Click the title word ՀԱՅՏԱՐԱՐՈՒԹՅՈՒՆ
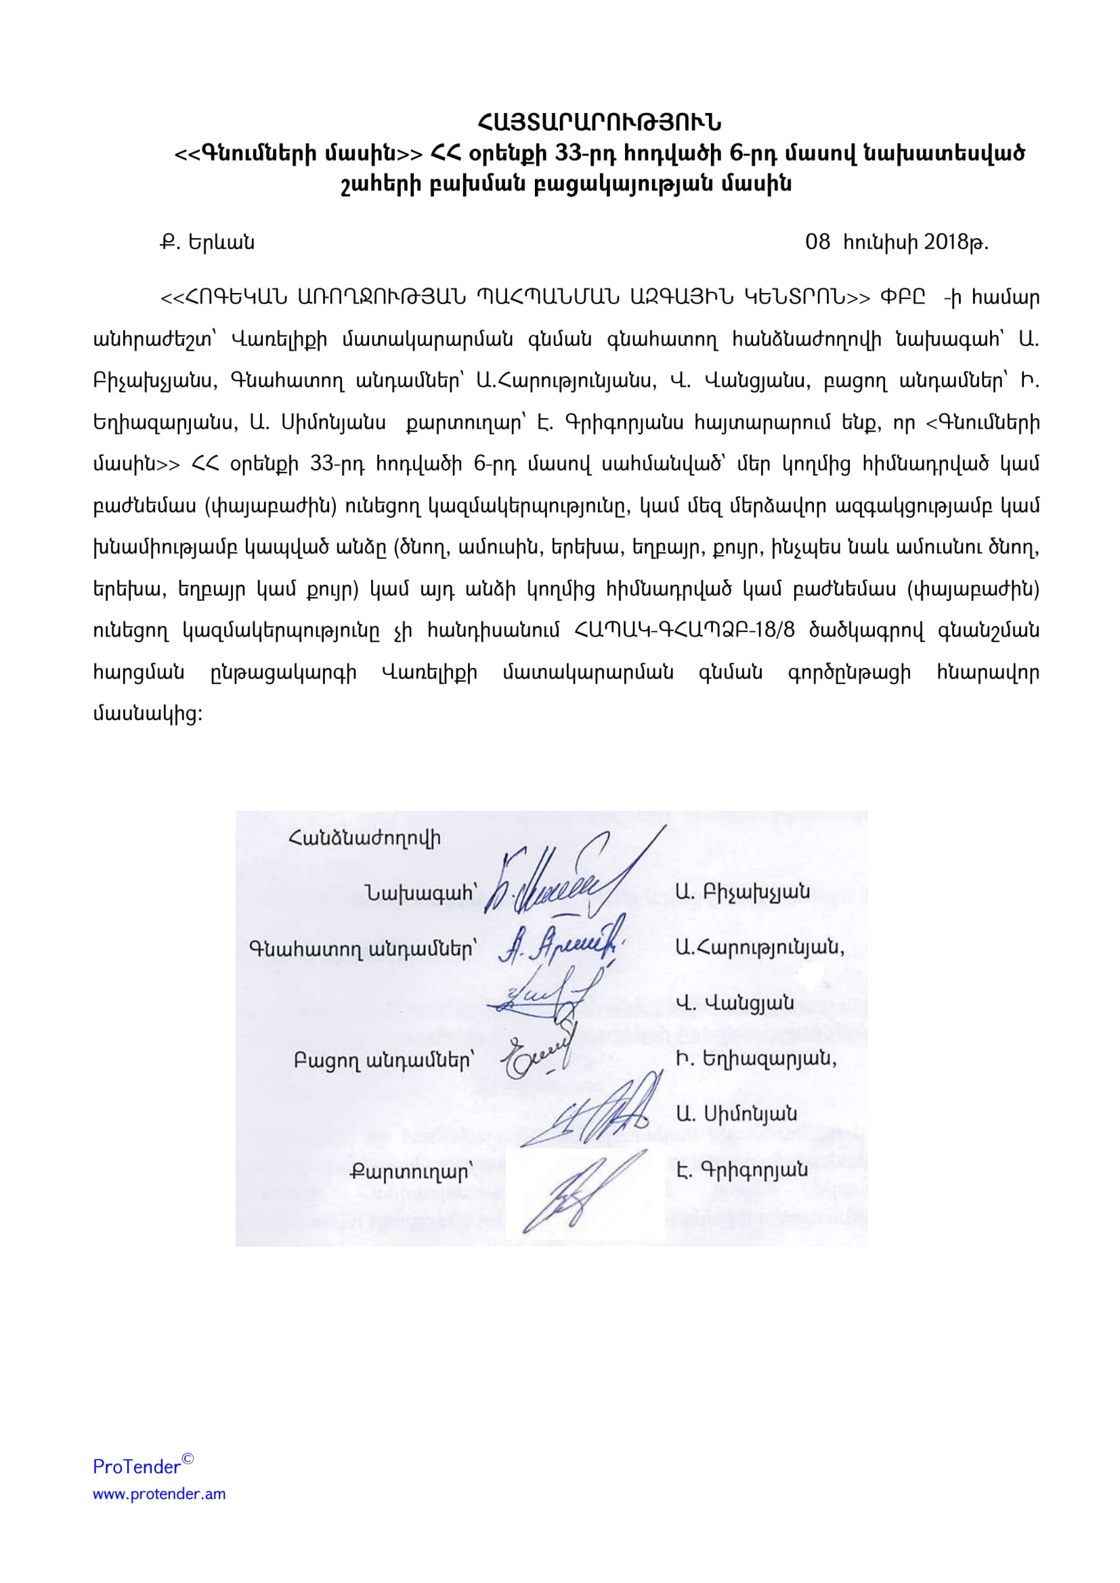coord(599,122)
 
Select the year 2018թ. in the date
coord(956,243)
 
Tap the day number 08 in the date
coord(817,243)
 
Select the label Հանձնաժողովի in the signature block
coord(365,839)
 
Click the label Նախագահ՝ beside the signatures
coord(421,893)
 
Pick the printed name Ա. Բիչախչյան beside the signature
coord(743,892)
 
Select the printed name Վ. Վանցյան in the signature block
coord(735,1003)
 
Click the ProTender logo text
coord(137,1467)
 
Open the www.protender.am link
coord(159,1494)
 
